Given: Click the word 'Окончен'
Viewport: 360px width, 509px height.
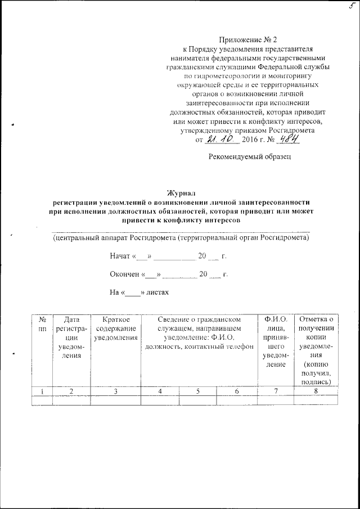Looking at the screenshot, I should point(124,274).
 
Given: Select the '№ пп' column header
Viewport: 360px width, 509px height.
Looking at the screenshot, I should point(42,324).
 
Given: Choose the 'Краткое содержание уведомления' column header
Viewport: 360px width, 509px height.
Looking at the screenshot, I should point(116,328).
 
